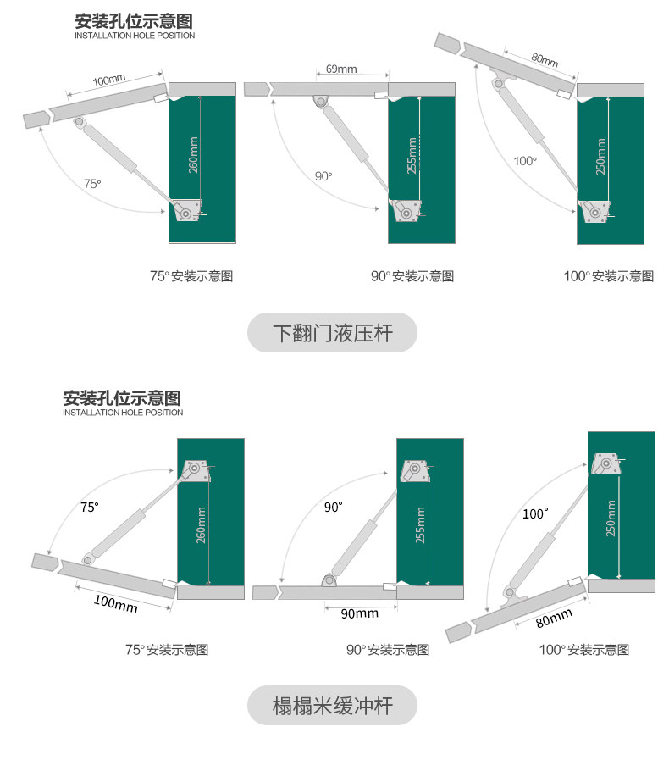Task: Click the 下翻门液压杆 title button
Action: (x=332, y=333)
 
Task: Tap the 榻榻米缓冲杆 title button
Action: (x=332, y=705)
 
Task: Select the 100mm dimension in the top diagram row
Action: (x=109, y=81)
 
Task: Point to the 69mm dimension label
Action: (x=341, y=69)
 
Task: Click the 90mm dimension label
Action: (x=359, y=613)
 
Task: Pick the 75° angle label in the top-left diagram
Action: (x=92, y=183)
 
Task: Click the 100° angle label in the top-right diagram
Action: (x=525, y=160)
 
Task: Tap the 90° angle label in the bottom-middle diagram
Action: (x=334, y=508)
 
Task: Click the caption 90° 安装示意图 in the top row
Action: (x=412, y=276)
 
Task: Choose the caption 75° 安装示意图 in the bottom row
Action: (x=167, y=650)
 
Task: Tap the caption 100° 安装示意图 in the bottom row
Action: (x=584, y=650)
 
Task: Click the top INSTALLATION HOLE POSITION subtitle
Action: (x=135, y=36)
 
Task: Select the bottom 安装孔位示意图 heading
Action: (x=123, y=397)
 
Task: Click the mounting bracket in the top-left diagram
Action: (x=187, y=209)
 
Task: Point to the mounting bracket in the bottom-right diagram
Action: (x=606, y=464)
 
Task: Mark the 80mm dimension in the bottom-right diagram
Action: (x=555, y=619)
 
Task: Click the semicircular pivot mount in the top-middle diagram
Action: (x=320, y=101)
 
